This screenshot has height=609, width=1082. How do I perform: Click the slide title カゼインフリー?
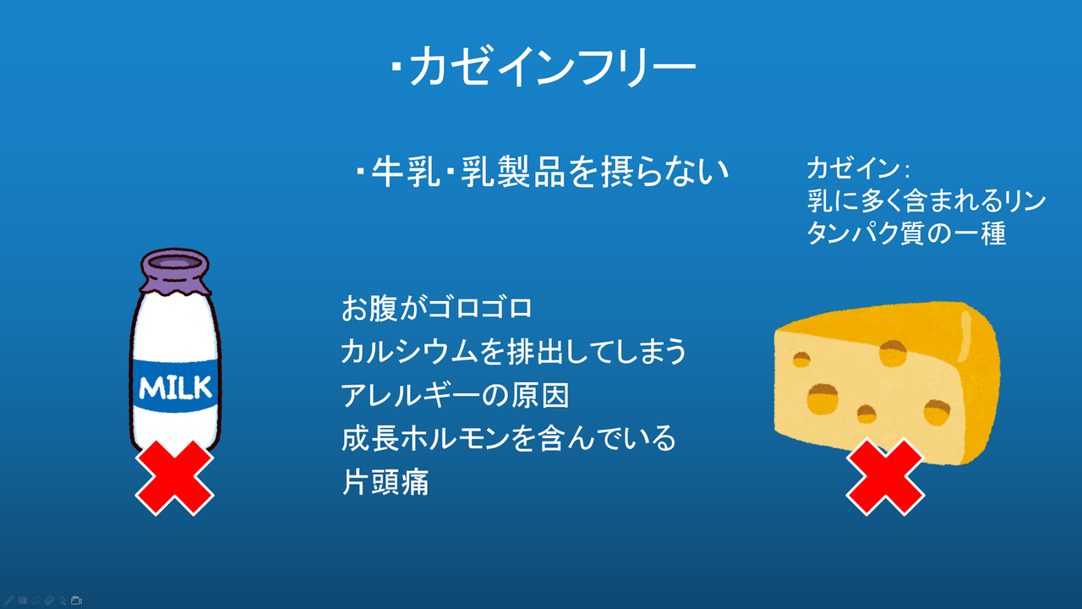(544, 66)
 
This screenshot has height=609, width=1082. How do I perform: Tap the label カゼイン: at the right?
(858, 168)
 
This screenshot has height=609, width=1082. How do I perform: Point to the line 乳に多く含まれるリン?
(926, 200)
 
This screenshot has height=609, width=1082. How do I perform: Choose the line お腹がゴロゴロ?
(437, 308)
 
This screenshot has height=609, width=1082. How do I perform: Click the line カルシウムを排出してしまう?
(513, 351)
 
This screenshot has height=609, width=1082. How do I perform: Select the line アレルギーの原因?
(455, 395)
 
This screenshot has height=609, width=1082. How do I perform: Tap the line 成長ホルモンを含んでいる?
(509, 438)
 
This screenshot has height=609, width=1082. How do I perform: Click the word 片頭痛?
(385, 482)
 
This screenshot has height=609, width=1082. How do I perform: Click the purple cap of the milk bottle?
(175, 271)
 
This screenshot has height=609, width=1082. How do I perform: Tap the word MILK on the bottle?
(175, 387)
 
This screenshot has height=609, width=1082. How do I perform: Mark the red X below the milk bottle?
(174, 478)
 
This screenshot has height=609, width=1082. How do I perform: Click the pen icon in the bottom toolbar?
(8, 601)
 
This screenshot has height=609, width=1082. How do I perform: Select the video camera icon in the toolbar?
(76, 601)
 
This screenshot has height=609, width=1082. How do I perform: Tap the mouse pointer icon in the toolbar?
(63, 601)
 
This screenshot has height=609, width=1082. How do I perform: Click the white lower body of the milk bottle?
(175, 428)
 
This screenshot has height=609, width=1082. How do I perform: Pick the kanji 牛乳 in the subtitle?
(406, 172)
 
